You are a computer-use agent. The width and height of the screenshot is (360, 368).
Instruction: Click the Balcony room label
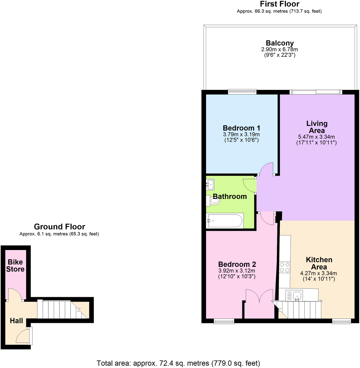pos(280,43)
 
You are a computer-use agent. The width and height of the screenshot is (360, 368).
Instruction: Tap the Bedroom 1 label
pos(241,128)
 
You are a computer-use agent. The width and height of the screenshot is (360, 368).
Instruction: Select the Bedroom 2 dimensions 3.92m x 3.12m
pos(237,271)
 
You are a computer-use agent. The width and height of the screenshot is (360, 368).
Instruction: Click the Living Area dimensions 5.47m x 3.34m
pos(316,137)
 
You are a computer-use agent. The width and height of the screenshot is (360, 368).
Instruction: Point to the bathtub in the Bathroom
pos(225,220)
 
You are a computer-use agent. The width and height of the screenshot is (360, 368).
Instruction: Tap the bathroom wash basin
pos(210,184)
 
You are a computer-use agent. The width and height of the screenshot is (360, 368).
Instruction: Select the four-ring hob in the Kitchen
pos(285,267)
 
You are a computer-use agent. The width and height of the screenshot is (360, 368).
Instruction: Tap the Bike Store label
pos(15,265)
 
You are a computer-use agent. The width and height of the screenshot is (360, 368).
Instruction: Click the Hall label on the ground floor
pos(16,321)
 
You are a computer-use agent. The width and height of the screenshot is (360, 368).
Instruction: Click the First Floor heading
pos(279,4)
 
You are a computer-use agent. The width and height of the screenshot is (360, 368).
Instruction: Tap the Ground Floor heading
pos(59,227)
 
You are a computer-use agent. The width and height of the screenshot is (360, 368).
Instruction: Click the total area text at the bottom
pos(178,363)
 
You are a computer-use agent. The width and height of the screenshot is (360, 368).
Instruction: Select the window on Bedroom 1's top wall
pos(242,92)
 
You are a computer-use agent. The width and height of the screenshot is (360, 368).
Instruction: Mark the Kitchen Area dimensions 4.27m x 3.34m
pos(318,273)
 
